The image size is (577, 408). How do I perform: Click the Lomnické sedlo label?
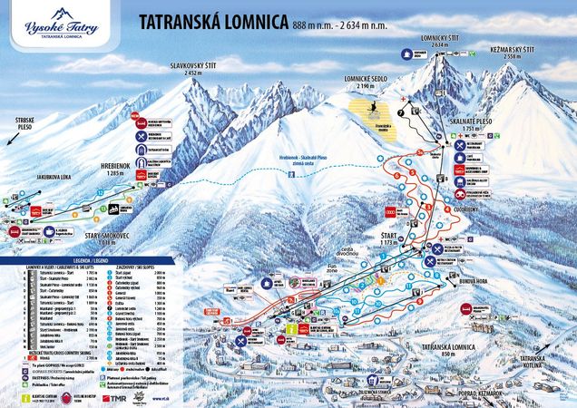367,81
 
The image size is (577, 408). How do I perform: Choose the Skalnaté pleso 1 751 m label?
484,125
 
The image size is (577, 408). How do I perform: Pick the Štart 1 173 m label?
390,238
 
